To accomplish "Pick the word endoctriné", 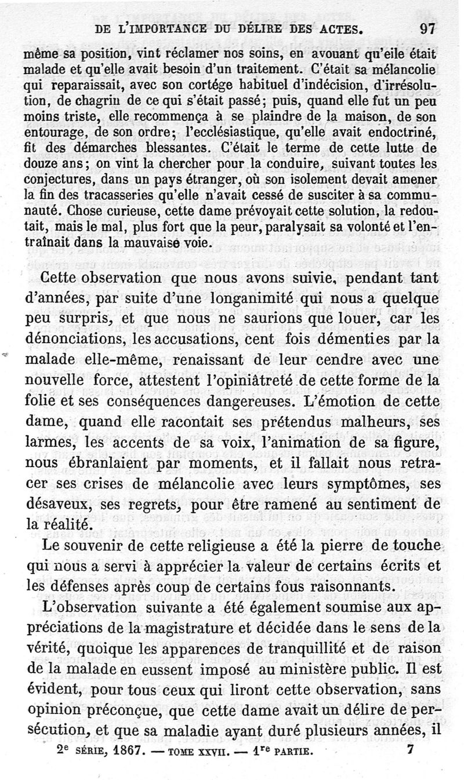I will pos(404,132).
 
